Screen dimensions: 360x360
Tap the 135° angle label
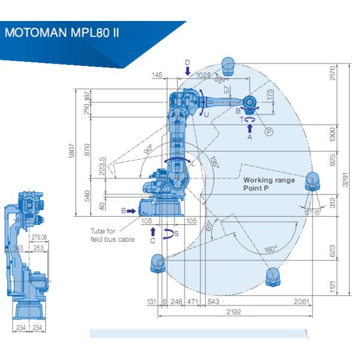coord(214,164)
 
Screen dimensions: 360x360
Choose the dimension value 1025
coord(205,75)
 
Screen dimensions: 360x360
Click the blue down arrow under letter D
coord(187,71)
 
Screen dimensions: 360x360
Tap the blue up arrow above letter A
coord(250,128)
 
